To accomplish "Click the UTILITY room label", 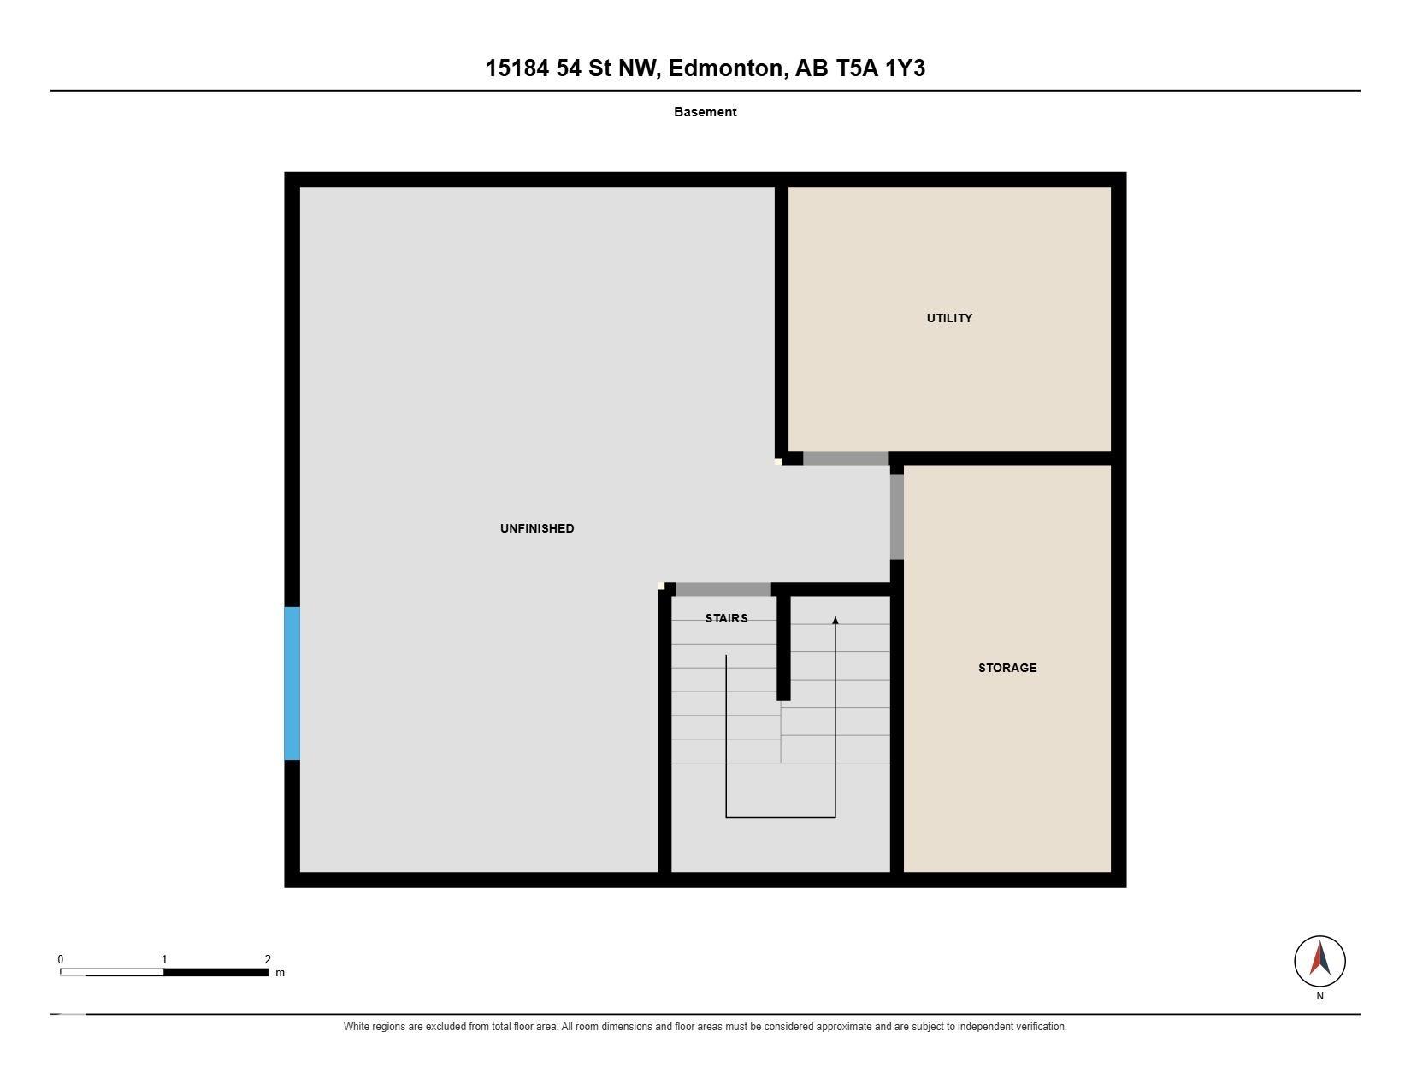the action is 948,318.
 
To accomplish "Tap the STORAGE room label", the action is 1007,668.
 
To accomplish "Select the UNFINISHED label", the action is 537,528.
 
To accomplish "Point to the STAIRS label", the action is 726,618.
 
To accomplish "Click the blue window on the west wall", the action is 292,683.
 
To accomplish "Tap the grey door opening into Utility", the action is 845,458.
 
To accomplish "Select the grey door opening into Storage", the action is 897,516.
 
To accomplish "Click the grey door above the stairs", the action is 723,590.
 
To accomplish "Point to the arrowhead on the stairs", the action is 835,620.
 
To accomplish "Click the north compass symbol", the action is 1319,961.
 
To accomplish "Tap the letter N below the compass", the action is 1319,996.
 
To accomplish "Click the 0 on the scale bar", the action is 61,959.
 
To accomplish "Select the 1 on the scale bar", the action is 164,959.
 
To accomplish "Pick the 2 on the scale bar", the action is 268,959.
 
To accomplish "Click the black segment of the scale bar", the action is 216,973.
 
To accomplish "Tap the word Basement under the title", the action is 705,112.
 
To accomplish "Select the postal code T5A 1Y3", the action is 880,68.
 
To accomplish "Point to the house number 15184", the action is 517,68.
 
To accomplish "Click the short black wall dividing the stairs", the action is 783,648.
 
